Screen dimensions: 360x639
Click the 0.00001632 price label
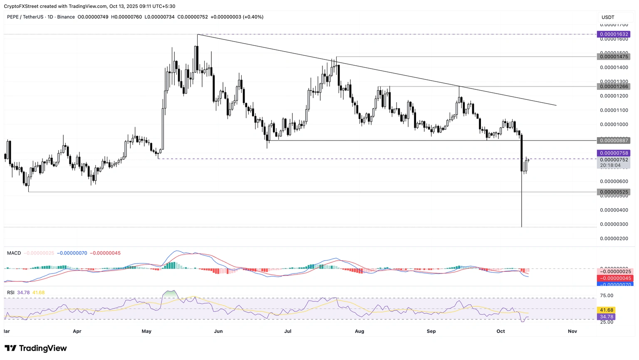pos(614,35)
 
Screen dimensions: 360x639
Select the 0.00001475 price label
pos(614,57)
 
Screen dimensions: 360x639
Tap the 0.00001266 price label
pos(614,86)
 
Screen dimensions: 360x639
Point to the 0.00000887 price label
pos(614,141)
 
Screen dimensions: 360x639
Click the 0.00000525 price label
pos(614,192)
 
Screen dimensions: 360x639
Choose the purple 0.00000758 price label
pos(614,153)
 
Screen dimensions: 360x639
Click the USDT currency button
pos(608,17)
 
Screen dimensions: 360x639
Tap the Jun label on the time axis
pos(218,331)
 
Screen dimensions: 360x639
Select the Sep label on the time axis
pos(431,331)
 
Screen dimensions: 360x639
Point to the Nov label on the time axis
pos(572,331)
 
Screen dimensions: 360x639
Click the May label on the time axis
pos(146,331)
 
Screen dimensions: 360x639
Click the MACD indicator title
pos(14,253)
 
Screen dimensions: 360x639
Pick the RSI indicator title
pos(11,293)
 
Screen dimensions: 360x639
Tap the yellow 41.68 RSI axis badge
pos(607,310)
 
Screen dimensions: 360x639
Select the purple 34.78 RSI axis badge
pos(607,317)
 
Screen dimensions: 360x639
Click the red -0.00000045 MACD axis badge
pos(615,278)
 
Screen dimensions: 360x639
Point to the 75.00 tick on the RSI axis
pos(607,296)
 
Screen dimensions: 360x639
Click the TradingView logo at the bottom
pos(36,348)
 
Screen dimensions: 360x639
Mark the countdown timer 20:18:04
pos(610,165)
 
